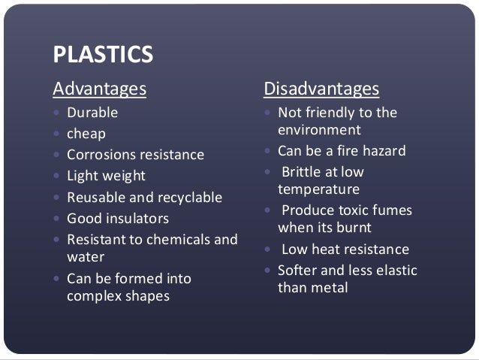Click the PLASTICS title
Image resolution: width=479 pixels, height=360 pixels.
pos(103,54)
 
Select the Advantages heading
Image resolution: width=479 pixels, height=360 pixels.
pos(99,89)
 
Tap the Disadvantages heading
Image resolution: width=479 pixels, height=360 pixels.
pos(321,89)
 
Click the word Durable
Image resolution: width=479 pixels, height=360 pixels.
pos(92,113)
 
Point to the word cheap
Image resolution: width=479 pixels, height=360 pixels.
pos(86,134)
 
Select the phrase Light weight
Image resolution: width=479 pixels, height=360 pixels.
pos(106,176)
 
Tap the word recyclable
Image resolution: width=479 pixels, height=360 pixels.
pos(190,198)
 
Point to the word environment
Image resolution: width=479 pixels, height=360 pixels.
pos(320,129)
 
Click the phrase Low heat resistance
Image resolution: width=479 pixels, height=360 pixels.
pos(345,249)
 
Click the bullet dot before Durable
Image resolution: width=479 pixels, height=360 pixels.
pos(56,113)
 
